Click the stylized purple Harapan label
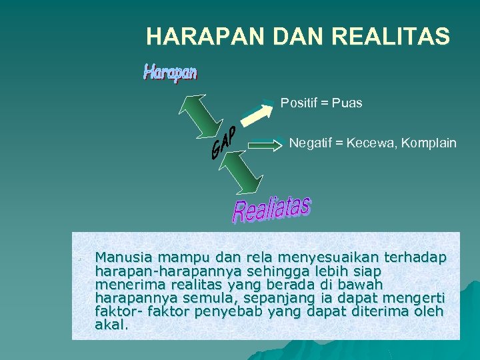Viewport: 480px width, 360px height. coord(170,72)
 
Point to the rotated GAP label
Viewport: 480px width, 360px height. coord(224,143)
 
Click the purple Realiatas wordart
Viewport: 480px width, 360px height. coord(271,209)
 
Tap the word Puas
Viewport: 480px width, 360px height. coord(347,103)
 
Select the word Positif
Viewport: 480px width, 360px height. coord(301,103)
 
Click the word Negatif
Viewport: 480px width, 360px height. coord(311,143)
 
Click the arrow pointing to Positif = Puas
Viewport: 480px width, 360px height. coord(257,112)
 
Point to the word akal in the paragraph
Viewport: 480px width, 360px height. coord(111,325)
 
